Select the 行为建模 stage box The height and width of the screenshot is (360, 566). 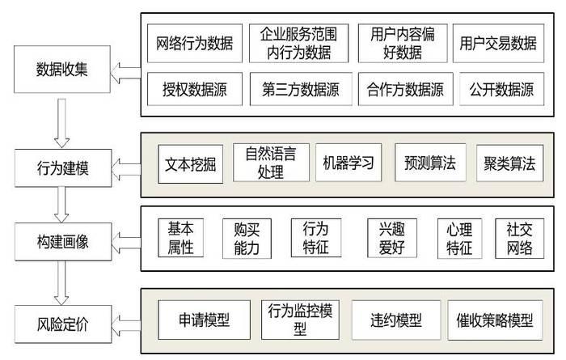pos(62,169)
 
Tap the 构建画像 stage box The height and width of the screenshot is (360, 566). pos(62,240)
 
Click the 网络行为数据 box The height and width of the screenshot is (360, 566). pos(194,44)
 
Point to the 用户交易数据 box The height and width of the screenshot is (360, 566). pos(498,44)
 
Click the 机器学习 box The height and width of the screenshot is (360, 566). pos(345,163)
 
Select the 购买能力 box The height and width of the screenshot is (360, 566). pos(247,239)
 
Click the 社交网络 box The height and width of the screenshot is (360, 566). pos(519,239)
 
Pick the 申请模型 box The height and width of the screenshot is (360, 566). pos(203,320)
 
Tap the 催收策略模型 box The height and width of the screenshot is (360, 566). pos(491,320)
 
